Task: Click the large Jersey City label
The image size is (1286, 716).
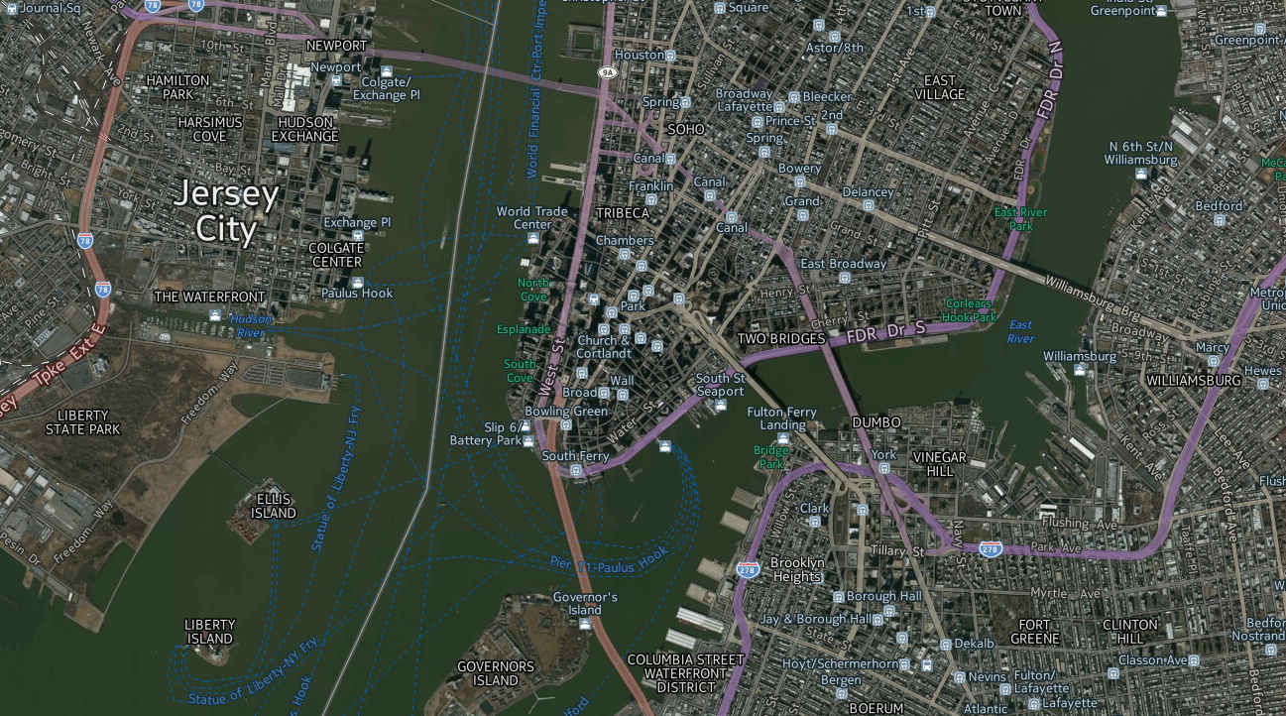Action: [224, 211]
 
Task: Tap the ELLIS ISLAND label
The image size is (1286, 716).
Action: [273, 506]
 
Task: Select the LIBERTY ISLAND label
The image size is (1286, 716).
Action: [210, 632]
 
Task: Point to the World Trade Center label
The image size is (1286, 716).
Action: [532, 217]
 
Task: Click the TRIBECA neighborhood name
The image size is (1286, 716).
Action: [623, 213]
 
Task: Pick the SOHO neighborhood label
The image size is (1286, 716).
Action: [686, 129]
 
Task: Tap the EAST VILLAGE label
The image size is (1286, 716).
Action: [940, 87]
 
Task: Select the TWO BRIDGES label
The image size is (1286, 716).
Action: [780, 339]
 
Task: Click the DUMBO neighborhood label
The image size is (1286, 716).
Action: [877, 422]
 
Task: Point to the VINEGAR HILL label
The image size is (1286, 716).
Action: [939, 464]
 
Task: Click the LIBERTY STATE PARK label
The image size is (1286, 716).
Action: [89, 421]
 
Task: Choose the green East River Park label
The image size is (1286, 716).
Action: [1021, 219]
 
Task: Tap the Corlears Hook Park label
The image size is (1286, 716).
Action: [970, 310]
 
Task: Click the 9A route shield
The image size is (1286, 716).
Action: [607, 72]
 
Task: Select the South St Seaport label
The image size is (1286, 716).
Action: [721, 385]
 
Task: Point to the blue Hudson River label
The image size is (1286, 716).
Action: [251, 325]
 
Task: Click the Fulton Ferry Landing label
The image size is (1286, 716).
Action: [782, 418]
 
